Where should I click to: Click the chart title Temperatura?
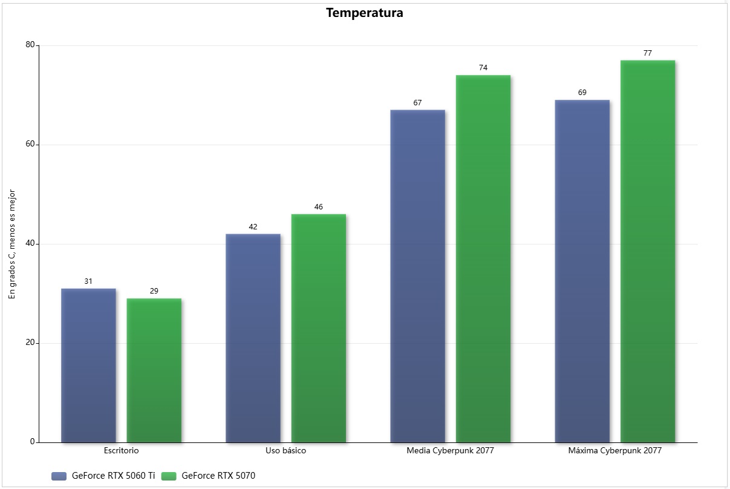(364, 13)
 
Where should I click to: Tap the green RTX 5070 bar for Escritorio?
(154, 370)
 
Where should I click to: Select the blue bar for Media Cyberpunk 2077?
(417, 276)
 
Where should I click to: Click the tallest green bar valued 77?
(647, 251)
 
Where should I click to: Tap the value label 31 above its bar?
(88, 281)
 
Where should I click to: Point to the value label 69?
(582, 93)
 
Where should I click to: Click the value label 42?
(253, 227)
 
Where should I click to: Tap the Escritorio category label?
(121, 451)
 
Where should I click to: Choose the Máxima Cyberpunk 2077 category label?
(614, 451)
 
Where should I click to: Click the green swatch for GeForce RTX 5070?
(169, 476)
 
